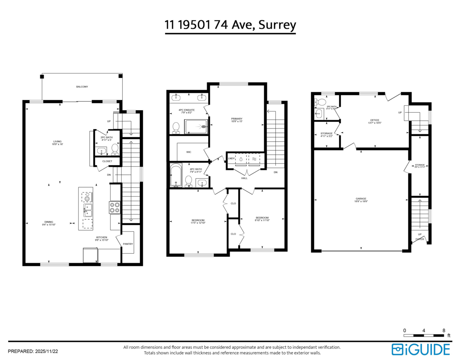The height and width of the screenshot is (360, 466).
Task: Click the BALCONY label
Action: [82, 87]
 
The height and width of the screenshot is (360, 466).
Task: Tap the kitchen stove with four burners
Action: [115, 207]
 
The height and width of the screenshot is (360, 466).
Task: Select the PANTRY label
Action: [128, 244]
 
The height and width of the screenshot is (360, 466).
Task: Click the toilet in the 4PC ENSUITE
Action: [176, 127]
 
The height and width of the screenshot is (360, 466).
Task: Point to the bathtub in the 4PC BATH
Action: [176, 176]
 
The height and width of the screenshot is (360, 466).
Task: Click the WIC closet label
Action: [189, 152]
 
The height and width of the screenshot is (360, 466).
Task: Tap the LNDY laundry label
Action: [231, 158]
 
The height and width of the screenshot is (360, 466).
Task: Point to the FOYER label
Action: [420, 239]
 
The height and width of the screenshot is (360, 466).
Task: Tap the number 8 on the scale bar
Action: [443, 330]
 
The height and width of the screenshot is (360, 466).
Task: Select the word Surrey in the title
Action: [277, 25]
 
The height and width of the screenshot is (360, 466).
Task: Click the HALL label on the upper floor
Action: [244, 178]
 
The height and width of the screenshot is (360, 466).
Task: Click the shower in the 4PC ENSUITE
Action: [197, 127]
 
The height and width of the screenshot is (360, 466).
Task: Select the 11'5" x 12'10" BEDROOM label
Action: [198, 221]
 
